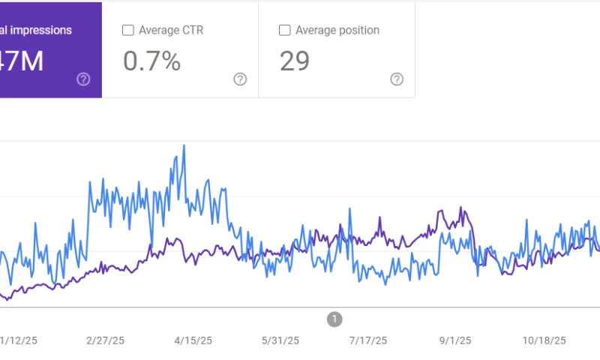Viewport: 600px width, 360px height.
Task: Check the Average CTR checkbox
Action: pyautogui.click(x=128, y=31)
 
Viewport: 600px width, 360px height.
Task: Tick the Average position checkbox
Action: pyautogui.click(x=285, y=31)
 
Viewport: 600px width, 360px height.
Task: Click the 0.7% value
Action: pyautogui.click(x=151, y=61)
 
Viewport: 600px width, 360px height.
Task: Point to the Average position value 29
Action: pyautogui.click(x=295, y=61)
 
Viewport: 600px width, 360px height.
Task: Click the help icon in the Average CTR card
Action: pyautogui.click(x=240, y=79)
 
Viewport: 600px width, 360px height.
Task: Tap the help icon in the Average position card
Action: pyautogui.click(x=397, y=79)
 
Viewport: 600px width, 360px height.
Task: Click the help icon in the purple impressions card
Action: pyautogui.click(x=83, y=79)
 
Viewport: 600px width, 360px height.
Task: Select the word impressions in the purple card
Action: pyautogui.click(x=41, y=31)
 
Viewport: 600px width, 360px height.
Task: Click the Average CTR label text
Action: pyautogui.click(x=171, y=31)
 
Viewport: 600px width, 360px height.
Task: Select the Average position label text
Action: pyautogui.click(x=337, y=31)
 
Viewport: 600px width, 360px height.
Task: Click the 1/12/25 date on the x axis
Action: pyautogui.click(x=18, y=340)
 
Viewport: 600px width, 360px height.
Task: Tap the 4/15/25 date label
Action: pyautogui.click(x=193, y=340)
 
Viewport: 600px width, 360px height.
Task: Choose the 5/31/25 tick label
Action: pyautogui.click(x=280, y=340)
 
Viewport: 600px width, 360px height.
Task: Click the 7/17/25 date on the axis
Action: pyautogui.click(x=367, y=340)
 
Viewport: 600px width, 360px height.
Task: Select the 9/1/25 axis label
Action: pyautogui.click(x=455, y=340)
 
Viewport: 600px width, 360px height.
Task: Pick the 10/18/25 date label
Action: pyautogui.click(x=544, y=340)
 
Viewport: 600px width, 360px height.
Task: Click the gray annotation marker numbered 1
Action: pyautogui.click(x=334, y=319)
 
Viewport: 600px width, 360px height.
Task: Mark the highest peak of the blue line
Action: pyautogui.click(x=184, y=145)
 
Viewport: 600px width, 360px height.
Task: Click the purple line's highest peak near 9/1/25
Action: pyautogui.click(x=461, y=208)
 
